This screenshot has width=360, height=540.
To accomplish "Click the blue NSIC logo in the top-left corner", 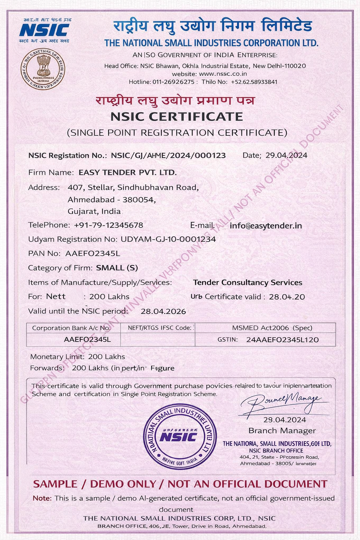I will point(44,30).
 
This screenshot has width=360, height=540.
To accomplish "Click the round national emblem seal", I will point(43,69).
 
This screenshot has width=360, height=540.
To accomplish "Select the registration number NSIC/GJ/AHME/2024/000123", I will point(168,155).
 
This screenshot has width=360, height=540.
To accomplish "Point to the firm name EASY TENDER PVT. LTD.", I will point(128,172).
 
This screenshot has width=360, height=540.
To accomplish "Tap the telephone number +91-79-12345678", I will point(109,225).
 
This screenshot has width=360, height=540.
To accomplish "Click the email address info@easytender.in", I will point(266,226).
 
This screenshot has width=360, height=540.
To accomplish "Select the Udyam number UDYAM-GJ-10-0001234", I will point(168,239).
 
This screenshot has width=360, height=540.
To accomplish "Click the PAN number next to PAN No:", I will point(93,253).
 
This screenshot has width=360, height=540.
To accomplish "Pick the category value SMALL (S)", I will point(117,268).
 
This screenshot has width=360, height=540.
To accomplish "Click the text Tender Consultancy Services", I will point(247,283).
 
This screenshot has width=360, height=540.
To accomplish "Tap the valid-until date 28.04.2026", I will point(163,311).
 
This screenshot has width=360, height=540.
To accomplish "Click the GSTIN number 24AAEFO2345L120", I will point(282,340).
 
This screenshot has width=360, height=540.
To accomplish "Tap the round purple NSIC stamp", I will point(180,436).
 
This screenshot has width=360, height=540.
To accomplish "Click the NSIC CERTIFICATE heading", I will point(177,116).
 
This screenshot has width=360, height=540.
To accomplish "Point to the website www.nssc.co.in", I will point(223,74).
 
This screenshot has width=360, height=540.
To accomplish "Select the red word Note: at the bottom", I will point(42,498).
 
